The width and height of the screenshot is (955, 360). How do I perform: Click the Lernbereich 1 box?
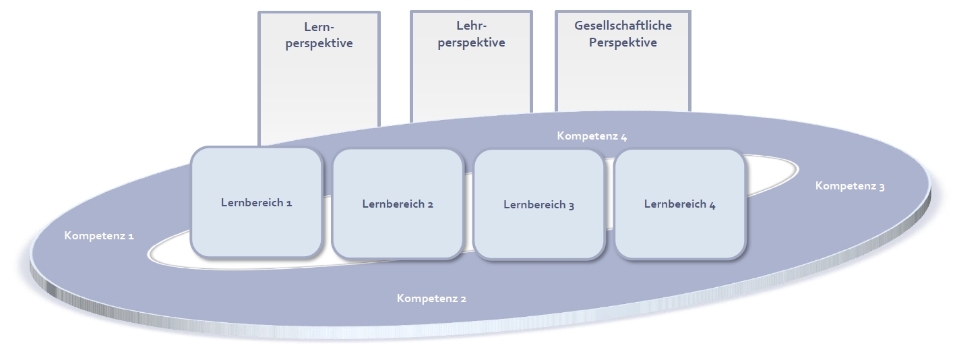pyautogui.click(x=256, y=202)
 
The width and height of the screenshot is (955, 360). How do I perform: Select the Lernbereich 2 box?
pyautogui.click(x=398, y=204)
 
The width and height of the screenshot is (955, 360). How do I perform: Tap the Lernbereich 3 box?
pyautogui.click(x=538, y=204)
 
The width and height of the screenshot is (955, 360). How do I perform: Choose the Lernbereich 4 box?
pyautogui.click(x=679, y=204)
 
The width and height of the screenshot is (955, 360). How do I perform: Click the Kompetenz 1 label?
pyautogui.click(x=99, y=236)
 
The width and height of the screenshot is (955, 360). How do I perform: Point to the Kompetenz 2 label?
pyautogui.click(x=431, y=298)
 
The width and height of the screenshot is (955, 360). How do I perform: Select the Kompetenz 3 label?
pyautogui.click(x=850, y=186)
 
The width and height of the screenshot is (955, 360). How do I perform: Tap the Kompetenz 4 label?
pyautogui.click(x=592, y=136)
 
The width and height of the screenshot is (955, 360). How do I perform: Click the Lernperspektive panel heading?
pyautogui.click(x=319, y=36)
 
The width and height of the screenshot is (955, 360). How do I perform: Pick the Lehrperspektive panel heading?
pyautogui.click(x=471, y=35)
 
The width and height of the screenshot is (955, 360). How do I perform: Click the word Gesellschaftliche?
pyautogui.click(x=623, y=26)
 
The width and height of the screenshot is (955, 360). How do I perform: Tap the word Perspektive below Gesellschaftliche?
pyautogui.click(x=623, y=42)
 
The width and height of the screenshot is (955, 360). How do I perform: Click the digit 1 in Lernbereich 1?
pyautogui.click(x=289, y=202)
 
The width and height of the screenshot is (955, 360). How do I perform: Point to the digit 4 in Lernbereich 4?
pyautogui.click(x=712, y=204)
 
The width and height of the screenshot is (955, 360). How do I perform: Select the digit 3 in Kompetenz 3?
pyautogui.click(x=882, y=187)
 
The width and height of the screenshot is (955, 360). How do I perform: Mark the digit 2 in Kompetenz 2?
pyautogui.click(x=463, y=299)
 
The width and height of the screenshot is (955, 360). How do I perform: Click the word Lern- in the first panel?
pyautogui.click(x=319, y=28)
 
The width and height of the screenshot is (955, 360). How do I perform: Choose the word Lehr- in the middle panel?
pyautogui.click(x=471, y=27)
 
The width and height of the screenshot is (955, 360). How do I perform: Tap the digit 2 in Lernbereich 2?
pyautogui.click(x=430, y=204)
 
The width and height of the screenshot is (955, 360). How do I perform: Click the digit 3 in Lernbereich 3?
pyautogui.click(x=571, y=205)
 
